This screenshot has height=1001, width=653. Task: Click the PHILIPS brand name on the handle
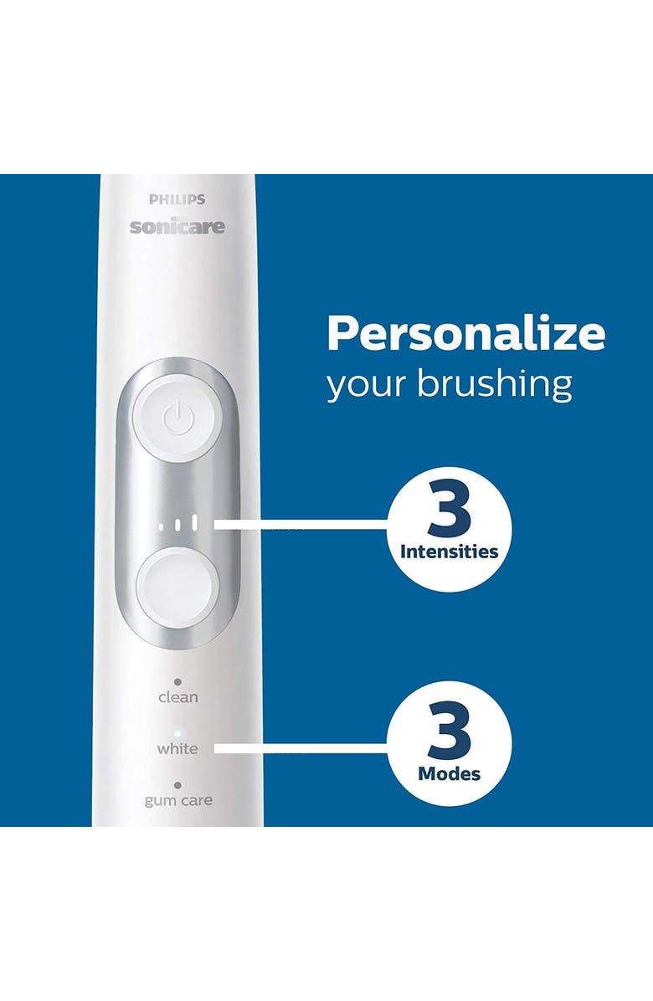[177, 200]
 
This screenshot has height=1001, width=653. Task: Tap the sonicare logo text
[177, 226]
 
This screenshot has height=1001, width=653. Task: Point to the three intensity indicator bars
[177, 525]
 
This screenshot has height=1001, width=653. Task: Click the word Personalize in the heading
[465, 333]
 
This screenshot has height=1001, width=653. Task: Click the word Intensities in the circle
[449, 552]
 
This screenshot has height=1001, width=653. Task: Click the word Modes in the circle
[449, 773]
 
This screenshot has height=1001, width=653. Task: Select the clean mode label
[177, 696]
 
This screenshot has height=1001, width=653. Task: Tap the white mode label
[177, 748]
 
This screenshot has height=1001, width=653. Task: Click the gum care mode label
[177, 800]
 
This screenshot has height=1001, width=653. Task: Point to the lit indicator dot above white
[177, 732]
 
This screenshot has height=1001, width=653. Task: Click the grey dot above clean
[177, 681]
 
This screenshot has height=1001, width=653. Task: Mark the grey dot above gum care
[177, 785]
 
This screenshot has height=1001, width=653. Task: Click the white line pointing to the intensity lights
[301, 525]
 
